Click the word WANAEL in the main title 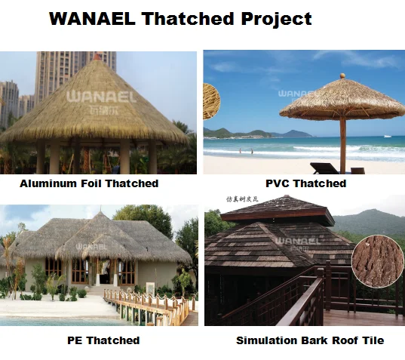tap(91, 20)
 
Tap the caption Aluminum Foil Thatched tap(89, 183)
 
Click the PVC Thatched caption tap(306, 183)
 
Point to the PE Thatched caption tap(103, 340)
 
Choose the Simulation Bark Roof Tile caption tap(310, 340)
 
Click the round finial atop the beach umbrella tap(341, 76)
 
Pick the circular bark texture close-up tap(378, 261)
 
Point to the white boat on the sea tap(387, 136)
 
